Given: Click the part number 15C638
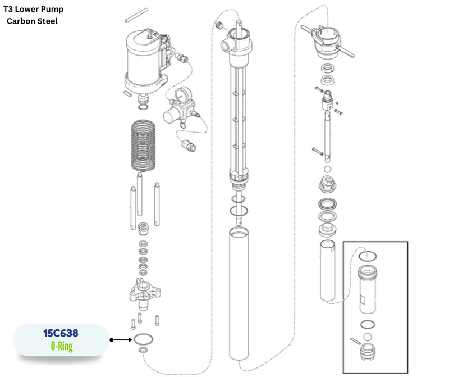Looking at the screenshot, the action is point(61,333).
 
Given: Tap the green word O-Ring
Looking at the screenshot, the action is point(62,346).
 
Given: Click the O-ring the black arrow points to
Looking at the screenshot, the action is point(143,339).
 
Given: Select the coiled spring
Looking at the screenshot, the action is point(143,146).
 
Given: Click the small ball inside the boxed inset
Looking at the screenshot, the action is point(368,337).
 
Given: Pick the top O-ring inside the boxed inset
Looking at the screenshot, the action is point(368,256).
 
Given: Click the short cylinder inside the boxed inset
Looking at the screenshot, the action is point(368,289).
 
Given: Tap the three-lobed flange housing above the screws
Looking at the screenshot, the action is point(145,294).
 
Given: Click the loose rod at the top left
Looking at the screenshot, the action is point(136,15).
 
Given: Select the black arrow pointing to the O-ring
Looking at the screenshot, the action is point(121,340).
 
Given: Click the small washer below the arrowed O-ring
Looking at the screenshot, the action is point(143,349).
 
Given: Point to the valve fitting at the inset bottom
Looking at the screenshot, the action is point(368,352).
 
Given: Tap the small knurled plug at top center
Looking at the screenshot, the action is point(219,25).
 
